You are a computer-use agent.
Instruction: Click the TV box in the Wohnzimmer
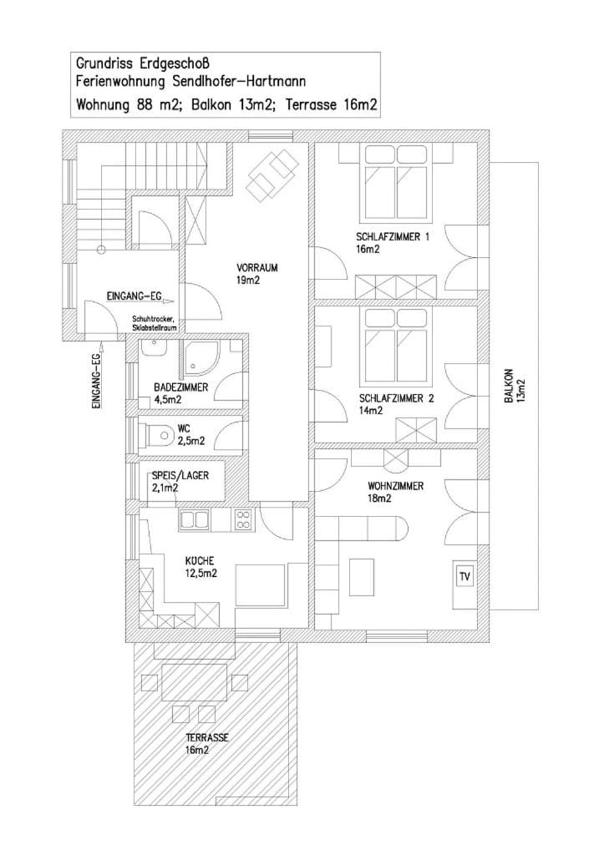click(464, 576)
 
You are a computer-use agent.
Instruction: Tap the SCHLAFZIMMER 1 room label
click(392, 242)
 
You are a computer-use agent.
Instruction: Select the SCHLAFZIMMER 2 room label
click(395, 403)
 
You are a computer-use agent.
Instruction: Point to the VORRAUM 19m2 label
click(256, 273)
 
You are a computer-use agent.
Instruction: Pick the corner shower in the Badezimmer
click(200, 357)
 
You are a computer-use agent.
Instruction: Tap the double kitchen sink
click(195, 520)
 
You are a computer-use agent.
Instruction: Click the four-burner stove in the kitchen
click(243, 519)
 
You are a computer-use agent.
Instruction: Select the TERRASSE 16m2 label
click(206, 743)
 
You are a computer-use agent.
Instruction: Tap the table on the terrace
click(194, 680)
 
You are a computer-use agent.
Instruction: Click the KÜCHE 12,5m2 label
click(200, 566)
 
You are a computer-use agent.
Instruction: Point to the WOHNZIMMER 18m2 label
click(395, 491)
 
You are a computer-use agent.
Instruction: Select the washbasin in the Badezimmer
click(154, 348)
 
